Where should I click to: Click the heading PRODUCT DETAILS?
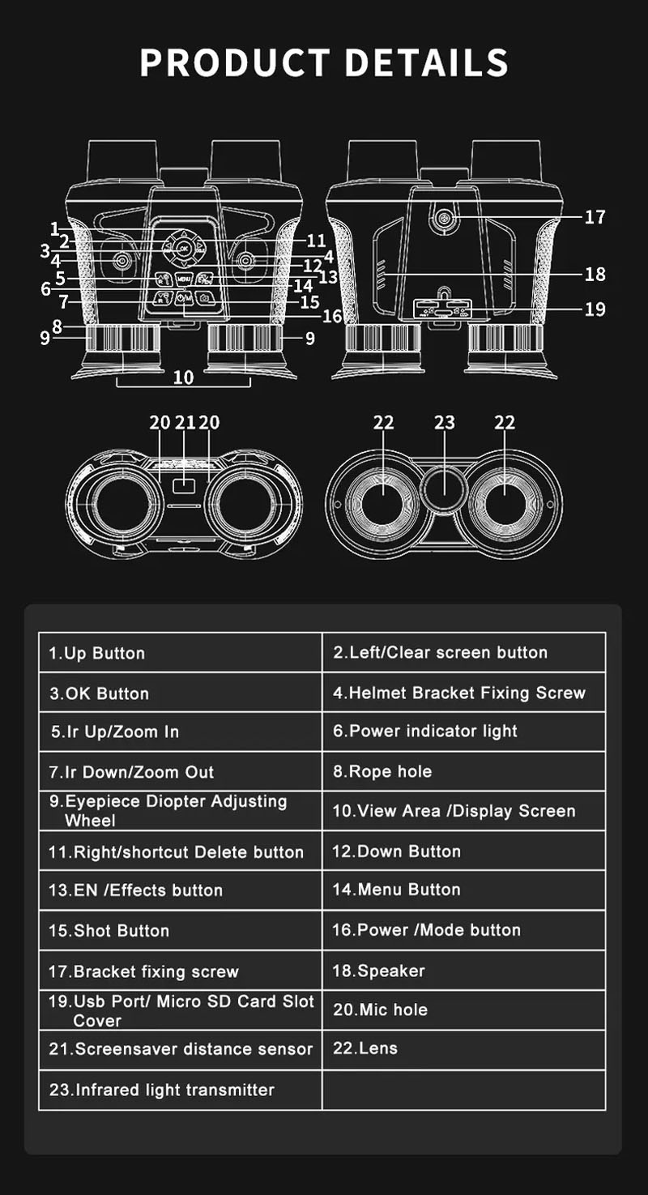(324, 63)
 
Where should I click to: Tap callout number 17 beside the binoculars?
(595, 217)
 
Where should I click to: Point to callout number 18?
(595, 274)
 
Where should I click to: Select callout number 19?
(595, 309)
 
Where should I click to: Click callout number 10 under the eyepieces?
(184, 377)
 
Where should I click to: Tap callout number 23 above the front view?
(445, 422)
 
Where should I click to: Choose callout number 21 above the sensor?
(185, 422)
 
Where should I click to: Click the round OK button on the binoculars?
(183, 248)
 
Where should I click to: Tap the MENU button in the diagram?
(184, 279)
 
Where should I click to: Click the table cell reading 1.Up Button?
(180, 653)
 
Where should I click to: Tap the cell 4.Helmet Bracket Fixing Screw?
(463, 693)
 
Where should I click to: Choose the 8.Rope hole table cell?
(463, 771)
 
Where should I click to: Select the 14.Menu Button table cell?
(463, 890)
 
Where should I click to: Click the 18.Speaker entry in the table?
(463, 970)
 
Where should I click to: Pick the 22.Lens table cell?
(463, 1048)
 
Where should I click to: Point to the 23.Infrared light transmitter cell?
(180, 1090)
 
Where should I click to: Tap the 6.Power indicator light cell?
(463, 732)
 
